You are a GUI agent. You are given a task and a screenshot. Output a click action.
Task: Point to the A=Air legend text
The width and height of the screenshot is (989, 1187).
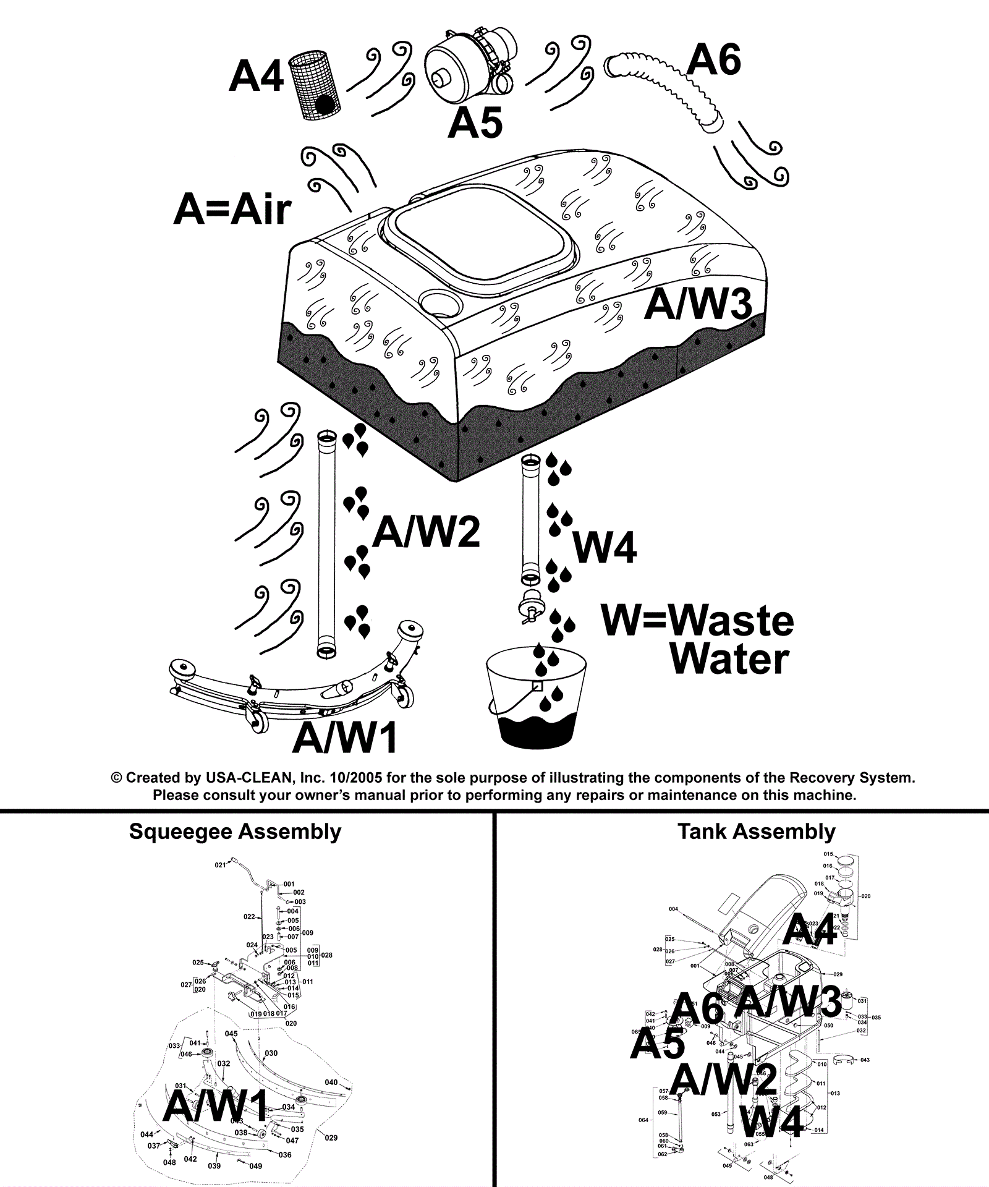(232, 209)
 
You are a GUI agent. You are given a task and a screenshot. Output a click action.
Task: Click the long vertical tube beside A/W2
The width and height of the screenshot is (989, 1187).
(326, 544)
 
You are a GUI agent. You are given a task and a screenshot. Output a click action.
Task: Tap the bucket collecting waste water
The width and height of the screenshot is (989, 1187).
(535, 699)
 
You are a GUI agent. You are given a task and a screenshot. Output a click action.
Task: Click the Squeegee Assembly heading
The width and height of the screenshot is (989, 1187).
(235, 832)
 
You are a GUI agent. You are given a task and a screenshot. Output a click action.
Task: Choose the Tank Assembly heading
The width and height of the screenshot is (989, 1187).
(756, 832)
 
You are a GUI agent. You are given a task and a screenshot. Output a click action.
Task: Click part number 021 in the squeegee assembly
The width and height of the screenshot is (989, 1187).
(220, 865)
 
